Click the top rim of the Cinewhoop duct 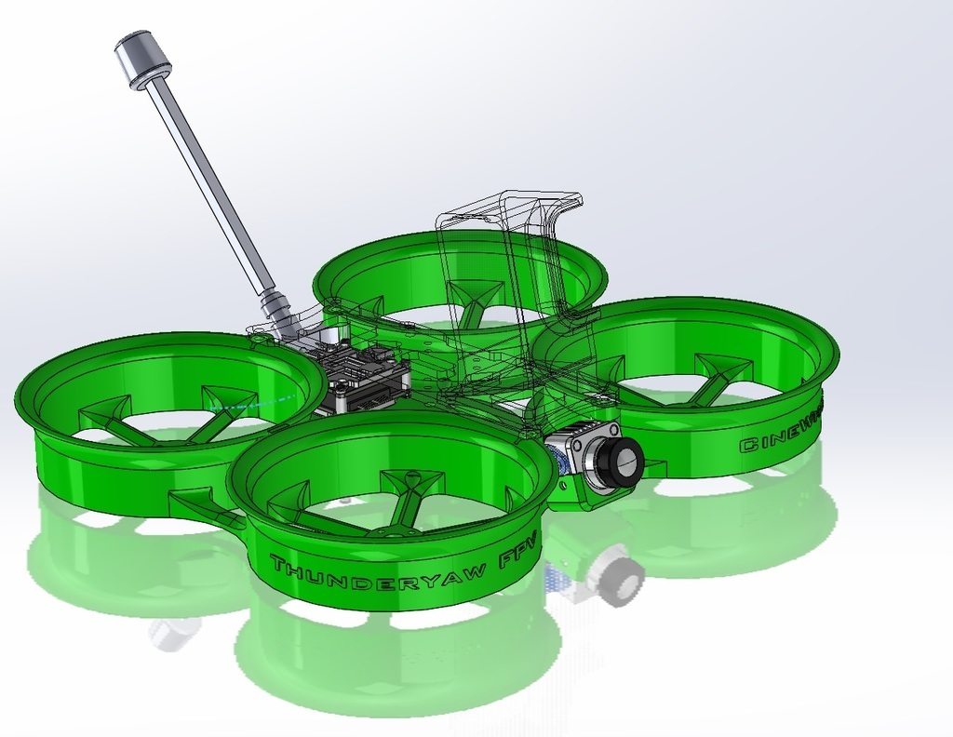click(x=689, y=307)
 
